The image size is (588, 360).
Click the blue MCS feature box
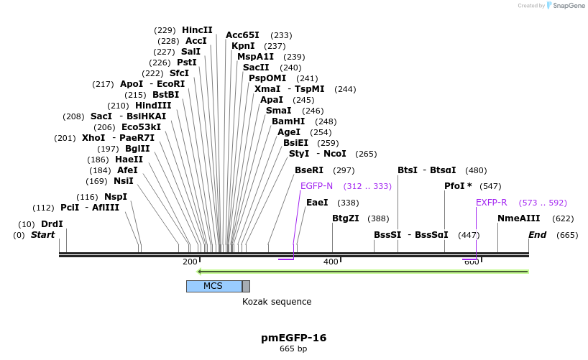(213, 286)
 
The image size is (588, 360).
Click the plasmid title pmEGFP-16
(293, 337)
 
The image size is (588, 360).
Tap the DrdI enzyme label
(52, 224)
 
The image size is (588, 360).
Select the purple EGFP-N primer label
(316, 185)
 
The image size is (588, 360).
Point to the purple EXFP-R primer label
(491, 203)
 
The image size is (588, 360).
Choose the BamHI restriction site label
(288, 121)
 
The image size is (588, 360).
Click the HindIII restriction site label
(153, 106)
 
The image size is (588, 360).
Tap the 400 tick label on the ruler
(331, 262)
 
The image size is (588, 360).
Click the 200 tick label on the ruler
(190, 262)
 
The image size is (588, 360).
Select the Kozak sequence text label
(277, 302)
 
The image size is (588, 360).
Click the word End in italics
(537, 235)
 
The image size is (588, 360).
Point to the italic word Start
(42, 235)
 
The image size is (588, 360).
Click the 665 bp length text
(293, 349)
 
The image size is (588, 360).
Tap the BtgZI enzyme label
(345, 218)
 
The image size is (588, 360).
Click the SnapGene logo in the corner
(564, 6)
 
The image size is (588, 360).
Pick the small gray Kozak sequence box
(246, 286)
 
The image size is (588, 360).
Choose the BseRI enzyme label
(309, 170)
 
